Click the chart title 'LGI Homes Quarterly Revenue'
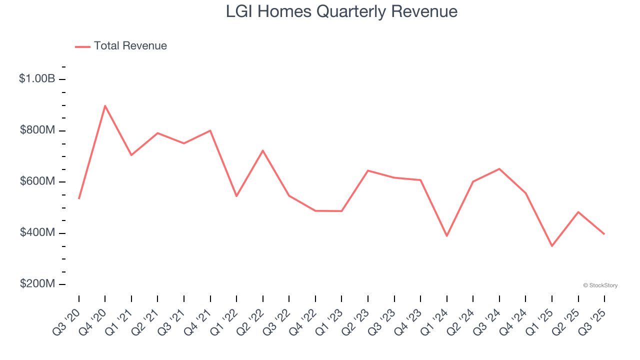coord(341,11)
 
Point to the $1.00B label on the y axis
coord(37,79)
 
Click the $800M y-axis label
coord(37,130)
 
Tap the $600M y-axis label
coord(37,181)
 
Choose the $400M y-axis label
coord(37,233)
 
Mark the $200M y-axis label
coord(37,284)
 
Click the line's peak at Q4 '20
coord(105,105)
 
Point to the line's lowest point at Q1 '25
coord(552,246)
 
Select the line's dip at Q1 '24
coord(446,236)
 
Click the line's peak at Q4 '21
coord(210,130)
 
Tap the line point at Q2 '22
coord(262,150)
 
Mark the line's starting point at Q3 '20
coord(79,198)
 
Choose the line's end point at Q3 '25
coord(604,234)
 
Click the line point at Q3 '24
coord(499,168)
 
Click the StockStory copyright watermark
coord(600,285)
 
